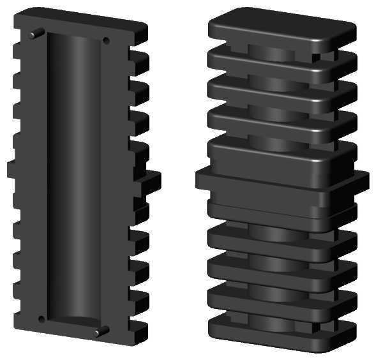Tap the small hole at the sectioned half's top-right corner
click(x=106, y=40)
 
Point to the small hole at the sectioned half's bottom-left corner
click(x=41, y=319)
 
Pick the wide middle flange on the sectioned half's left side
click(x=13, y=170)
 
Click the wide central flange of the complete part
click(x=281, y=185)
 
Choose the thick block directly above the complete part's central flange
click(x=274, y=156)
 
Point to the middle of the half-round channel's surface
click(x=74, y=179)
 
